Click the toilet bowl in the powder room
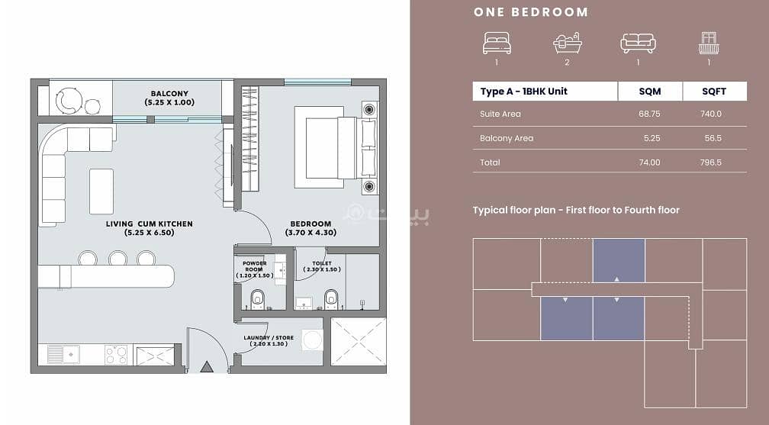coord(257,299)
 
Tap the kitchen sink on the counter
coord(63,354)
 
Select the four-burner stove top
coord(116,355)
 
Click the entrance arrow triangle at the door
coord(207,366)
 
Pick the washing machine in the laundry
coord(313,340)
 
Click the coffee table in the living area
coord(101,192)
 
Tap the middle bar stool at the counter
coord(117,258)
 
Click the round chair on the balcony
coord(68,101)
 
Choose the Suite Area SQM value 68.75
coord(649,114)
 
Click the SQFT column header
coord(714,92)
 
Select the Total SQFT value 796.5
coord(711,163)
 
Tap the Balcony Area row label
coord(507,138)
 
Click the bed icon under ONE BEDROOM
coord(497,43)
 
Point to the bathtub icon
coord(568,43)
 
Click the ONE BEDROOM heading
coord(531,12)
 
